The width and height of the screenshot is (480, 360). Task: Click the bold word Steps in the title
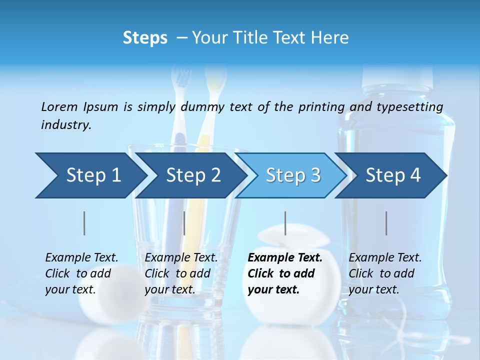tap(145, 38)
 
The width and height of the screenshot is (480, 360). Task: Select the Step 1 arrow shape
tap(90, 175)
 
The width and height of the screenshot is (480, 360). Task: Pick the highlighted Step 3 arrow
tap(292, 175)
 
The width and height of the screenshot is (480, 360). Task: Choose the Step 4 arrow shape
tap(392, 175)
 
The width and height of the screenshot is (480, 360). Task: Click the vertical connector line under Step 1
tap(84, 223)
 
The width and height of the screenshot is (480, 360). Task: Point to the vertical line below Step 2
tap(184, 223)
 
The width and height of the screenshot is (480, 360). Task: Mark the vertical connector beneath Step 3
tap(285, 223)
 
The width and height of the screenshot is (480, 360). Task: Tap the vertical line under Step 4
tap(386, 223)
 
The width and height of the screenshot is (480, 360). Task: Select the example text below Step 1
tap(81, 273)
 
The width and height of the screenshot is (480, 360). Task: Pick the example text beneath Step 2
tap(181, 273)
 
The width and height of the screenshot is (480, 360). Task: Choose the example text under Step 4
tap(385, 273)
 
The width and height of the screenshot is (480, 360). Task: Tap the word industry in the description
tap(65, 125)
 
